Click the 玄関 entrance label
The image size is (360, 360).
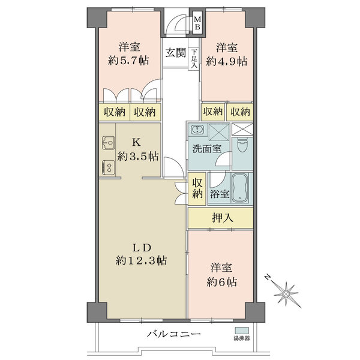pos(175,52)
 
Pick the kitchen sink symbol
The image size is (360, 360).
pos(109,143)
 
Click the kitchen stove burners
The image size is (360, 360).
pos(109,167)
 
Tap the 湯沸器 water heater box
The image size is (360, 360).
pos(242,331)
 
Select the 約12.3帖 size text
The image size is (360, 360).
pos(142,261)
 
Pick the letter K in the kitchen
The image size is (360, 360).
pos(136,143)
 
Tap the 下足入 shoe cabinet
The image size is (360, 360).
pos(194,59)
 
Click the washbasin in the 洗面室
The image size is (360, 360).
pos(199,130)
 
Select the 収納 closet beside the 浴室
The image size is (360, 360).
pos(197,188)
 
